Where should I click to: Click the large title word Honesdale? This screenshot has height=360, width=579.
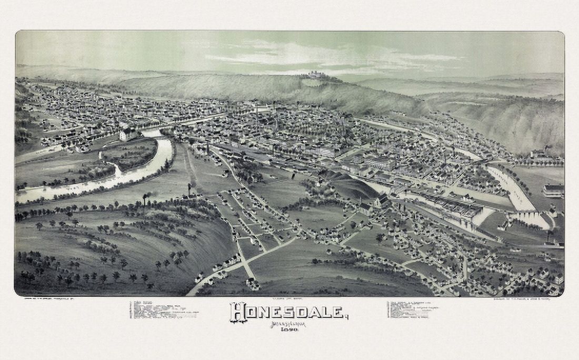288,312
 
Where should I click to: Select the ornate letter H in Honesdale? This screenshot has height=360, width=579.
238,312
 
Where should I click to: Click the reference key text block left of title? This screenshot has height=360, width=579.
163,309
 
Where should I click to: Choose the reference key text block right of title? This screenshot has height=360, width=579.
414,309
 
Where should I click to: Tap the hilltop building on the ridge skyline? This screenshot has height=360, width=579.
315,75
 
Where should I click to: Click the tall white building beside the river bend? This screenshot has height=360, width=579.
127,134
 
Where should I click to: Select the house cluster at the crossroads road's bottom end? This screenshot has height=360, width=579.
252,284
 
